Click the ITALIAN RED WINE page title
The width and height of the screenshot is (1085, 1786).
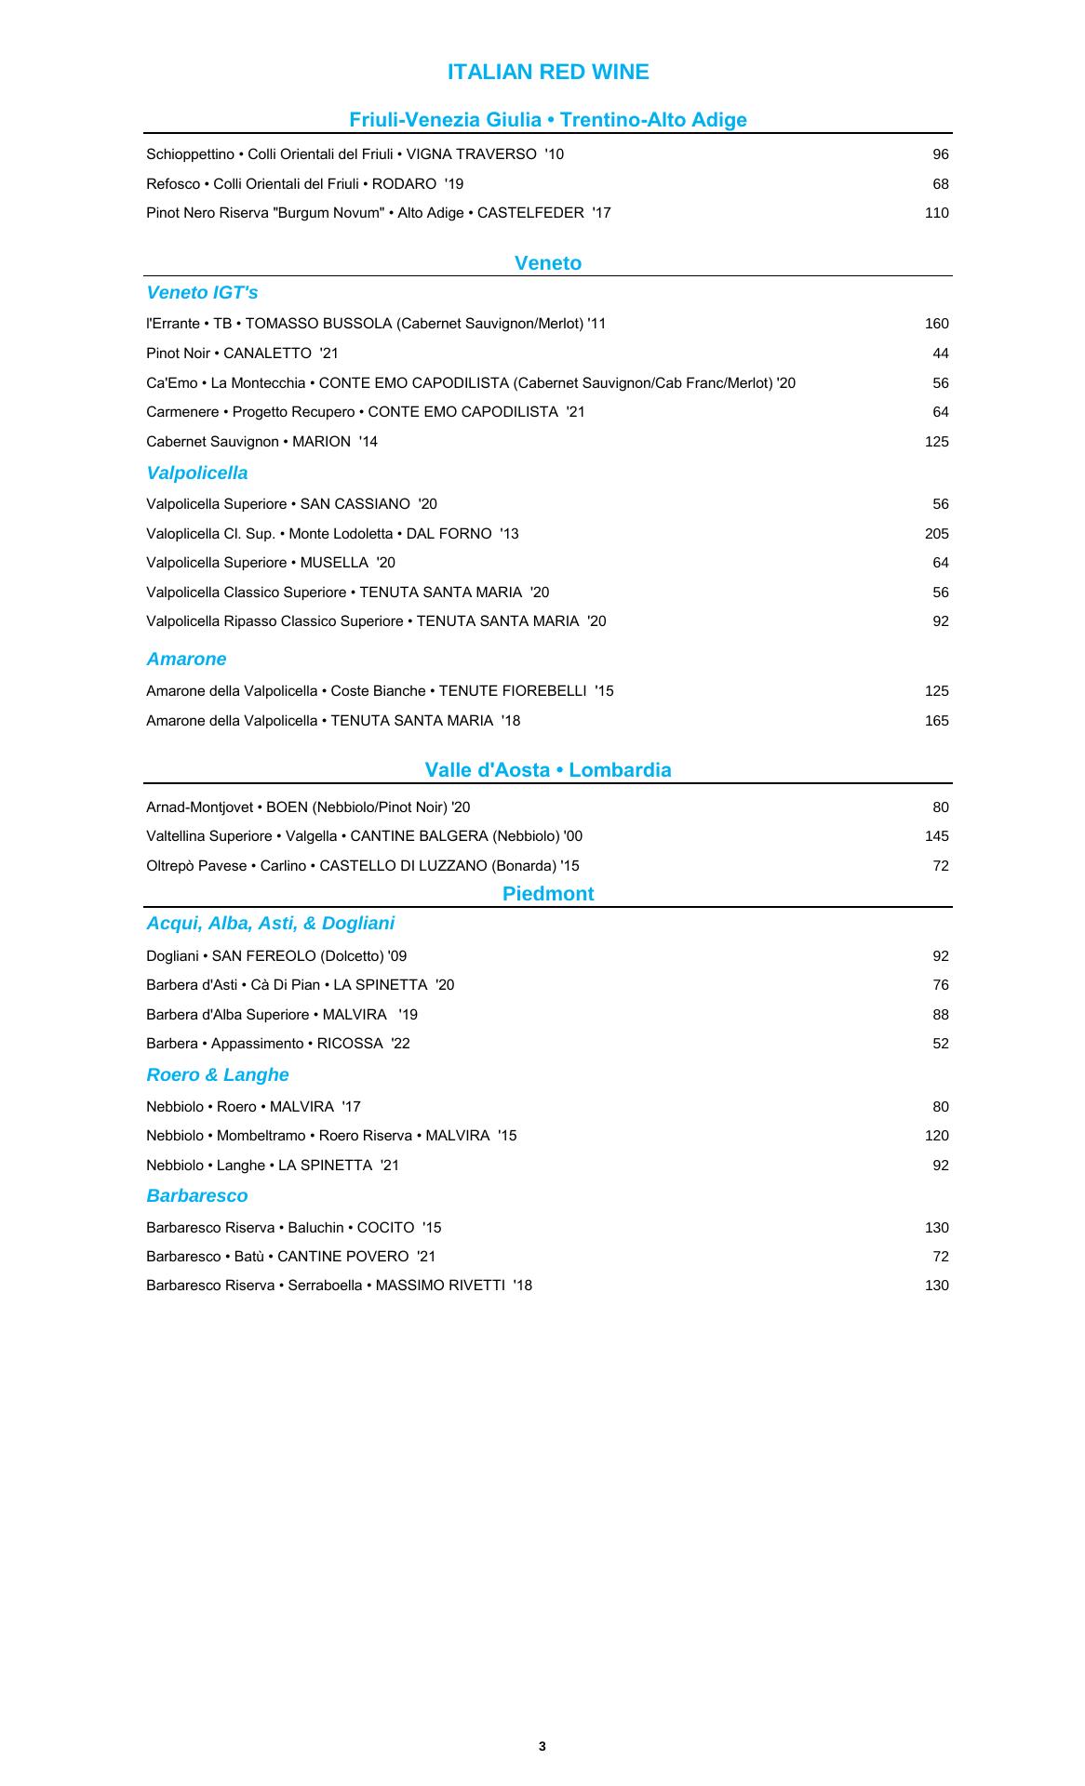[x=548, y=73]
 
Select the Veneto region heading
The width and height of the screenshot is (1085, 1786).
[x=548, y=263]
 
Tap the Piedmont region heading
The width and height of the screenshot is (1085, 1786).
[x=548, y=894]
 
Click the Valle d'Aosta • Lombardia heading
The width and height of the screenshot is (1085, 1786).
[x=548, y=770]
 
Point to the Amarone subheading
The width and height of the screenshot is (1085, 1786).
[x=186, y=660]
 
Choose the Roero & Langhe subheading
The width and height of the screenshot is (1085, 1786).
[x=218, y=1075]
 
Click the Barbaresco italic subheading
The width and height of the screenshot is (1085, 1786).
[x=197, y=1196]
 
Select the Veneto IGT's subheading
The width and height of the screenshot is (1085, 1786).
[x=202, y=293]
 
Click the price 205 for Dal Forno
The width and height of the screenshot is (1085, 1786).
[x=936, y=534]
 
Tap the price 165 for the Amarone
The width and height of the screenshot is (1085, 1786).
[x=936, y=721]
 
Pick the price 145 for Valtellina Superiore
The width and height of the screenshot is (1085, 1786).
[x=936, y=836]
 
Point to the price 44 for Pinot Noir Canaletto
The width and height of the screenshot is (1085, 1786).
[x=940, y=353]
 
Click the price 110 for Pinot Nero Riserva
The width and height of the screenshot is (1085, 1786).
[x=936, y=213]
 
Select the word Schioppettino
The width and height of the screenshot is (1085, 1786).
[x=190, y=154]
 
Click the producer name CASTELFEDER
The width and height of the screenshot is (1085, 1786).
[x=530, y=213]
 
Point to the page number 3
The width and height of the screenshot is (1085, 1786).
[x=542, y=1746]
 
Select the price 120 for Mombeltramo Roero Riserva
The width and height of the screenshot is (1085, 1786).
[x=936, y=1136]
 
